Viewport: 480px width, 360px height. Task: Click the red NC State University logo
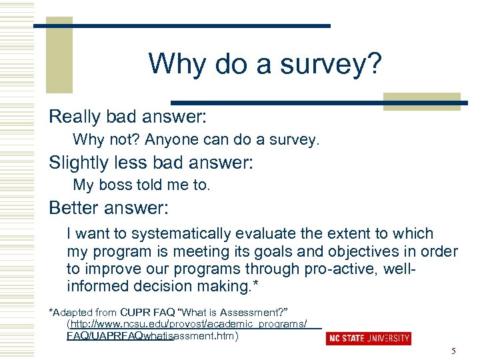[369, 339]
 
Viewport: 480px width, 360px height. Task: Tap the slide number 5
[453, 351]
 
